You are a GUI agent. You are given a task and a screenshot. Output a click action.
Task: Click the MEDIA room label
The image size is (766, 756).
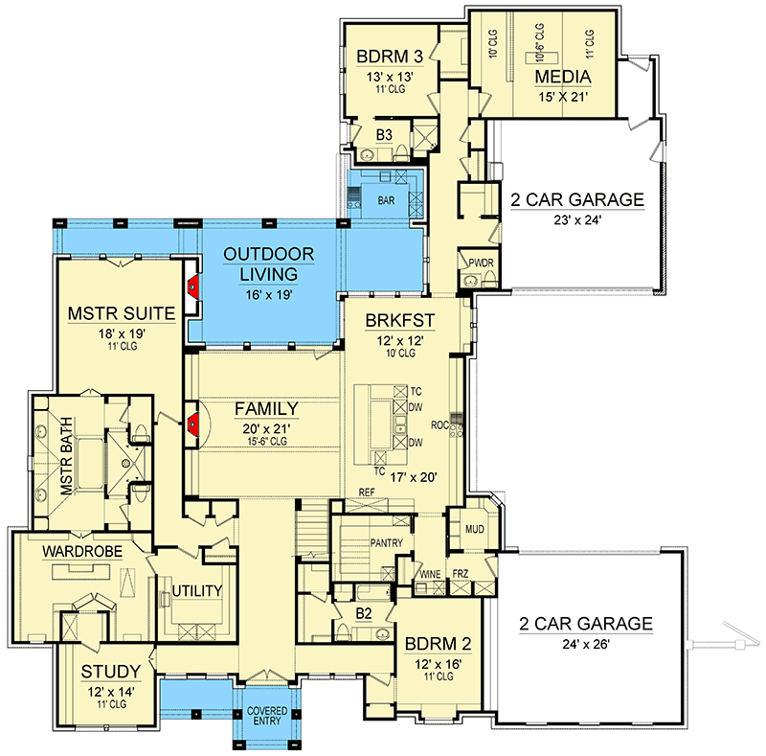point(563,77)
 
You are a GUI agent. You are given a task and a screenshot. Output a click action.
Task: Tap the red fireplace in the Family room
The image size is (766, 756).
point(193,423)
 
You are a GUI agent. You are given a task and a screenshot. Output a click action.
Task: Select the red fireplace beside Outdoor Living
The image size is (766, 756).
point(193,287)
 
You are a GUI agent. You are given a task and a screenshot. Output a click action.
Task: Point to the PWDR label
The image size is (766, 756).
point(481,263)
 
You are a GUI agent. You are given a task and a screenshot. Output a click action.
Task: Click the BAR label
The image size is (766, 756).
point(386,200)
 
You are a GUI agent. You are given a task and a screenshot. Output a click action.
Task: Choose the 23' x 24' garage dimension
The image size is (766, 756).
point(577,220)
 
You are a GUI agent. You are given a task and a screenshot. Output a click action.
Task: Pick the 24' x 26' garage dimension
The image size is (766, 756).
point(586,644)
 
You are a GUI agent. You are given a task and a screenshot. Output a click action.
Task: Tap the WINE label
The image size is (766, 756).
point(430,575)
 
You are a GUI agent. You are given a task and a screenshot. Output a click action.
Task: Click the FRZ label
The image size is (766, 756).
point(461,573)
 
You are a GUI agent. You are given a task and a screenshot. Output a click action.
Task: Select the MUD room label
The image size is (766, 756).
point(474,529)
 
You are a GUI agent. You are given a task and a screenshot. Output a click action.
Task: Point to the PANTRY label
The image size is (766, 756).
point(387,542)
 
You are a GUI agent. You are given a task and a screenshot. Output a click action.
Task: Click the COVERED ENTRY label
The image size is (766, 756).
point(267,716)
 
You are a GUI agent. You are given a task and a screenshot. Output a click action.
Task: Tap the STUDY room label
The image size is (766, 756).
point(111,672)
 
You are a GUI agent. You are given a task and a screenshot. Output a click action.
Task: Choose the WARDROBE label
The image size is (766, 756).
point(82,552)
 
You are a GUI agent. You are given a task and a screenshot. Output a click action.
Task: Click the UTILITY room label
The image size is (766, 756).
point(197,591)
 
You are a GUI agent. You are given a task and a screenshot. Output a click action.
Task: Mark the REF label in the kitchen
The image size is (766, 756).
point(367,492)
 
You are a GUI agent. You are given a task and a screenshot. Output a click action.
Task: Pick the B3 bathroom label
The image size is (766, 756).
point(384,134)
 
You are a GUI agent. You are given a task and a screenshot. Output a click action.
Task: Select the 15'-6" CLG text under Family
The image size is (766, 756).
point(267,441)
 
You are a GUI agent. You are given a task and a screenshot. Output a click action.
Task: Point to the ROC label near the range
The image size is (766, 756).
point(439,424)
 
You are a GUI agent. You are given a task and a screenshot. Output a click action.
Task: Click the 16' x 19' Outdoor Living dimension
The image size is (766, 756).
point(269,294)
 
